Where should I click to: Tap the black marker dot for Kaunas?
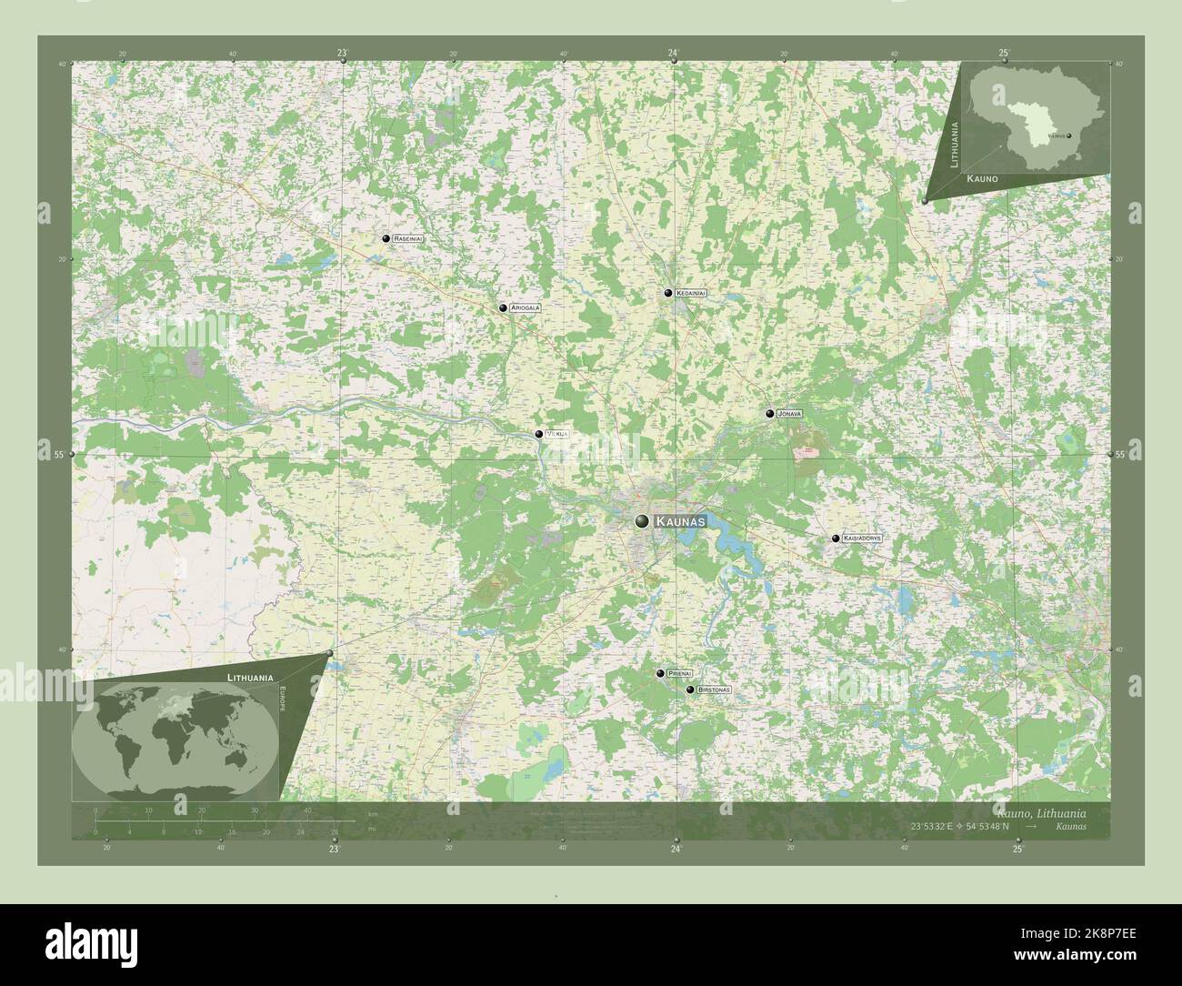(x=643, y=521)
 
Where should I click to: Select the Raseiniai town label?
(x=408, y=238)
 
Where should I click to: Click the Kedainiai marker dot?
(x=668, y=293)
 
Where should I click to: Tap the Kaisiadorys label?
(x=862, y=538)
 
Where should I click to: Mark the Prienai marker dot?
(x=660, y=673)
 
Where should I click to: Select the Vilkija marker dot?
(x=539, y=434)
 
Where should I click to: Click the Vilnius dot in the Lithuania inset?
(x=1069, y=136)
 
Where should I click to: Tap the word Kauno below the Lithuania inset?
(x=983, y=179)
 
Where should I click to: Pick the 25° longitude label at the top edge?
(x=1004, y=53)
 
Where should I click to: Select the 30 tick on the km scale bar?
(x=255, y=810)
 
